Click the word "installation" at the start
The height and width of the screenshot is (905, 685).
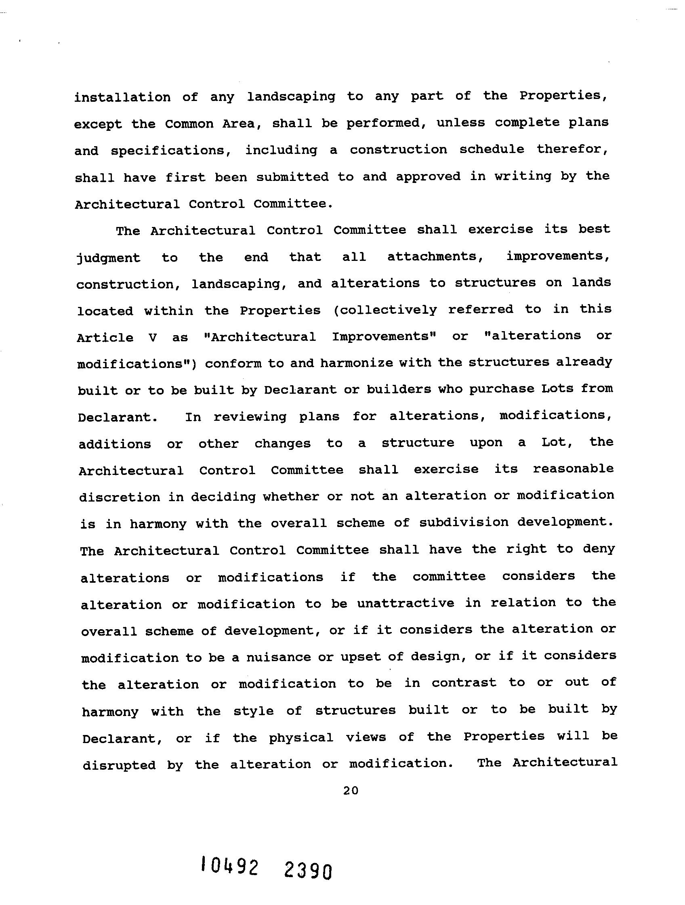122,97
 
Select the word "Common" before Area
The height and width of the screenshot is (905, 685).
189,124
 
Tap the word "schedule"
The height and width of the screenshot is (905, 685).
492,149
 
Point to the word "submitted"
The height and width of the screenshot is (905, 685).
292,177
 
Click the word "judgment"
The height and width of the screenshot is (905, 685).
108,258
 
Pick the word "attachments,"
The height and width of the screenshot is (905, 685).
432,256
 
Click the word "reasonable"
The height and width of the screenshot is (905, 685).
573,469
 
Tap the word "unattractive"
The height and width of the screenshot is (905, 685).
406,603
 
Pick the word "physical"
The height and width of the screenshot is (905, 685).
300,738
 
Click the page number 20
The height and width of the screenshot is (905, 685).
351,791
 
